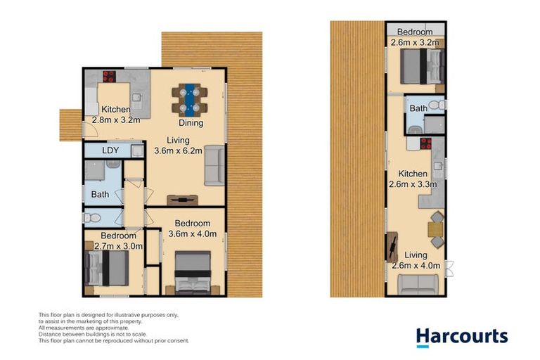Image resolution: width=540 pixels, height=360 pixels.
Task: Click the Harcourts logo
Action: pos(461,336)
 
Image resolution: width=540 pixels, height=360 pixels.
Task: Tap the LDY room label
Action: pos(110,150)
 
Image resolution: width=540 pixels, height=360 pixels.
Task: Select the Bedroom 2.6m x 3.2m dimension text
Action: pos(415,37)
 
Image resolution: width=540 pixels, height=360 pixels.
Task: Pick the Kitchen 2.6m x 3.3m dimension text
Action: pos(413,179)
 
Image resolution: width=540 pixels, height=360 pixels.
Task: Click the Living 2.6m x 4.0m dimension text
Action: pos(416,260)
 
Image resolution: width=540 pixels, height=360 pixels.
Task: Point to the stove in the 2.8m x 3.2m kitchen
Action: pos(110,77)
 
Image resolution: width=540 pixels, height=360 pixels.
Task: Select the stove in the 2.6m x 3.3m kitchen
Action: pos(425,145)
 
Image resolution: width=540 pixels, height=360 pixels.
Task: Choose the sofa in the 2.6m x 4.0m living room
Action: pos(416,285)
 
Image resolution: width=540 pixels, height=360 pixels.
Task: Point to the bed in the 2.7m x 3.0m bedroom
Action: pos(107,269)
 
